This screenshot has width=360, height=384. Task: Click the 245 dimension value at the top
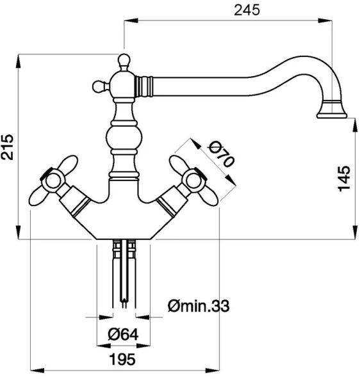247,10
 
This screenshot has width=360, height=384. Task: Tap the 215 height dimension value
7,147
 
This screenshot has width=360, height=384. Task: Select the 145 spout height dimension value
344,179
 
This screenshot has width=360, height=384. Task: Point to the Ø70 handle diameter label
221,156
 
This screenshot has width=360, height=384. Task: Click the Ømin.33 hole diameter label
199,306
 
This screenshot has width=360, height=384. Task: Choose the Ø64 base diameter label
123,334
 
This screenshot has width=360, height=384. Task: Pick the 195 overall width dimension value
122,360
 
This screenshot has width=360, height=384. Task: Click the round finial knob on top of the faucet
124,60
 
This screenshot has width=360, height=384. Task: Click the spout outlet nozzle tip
332,115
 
